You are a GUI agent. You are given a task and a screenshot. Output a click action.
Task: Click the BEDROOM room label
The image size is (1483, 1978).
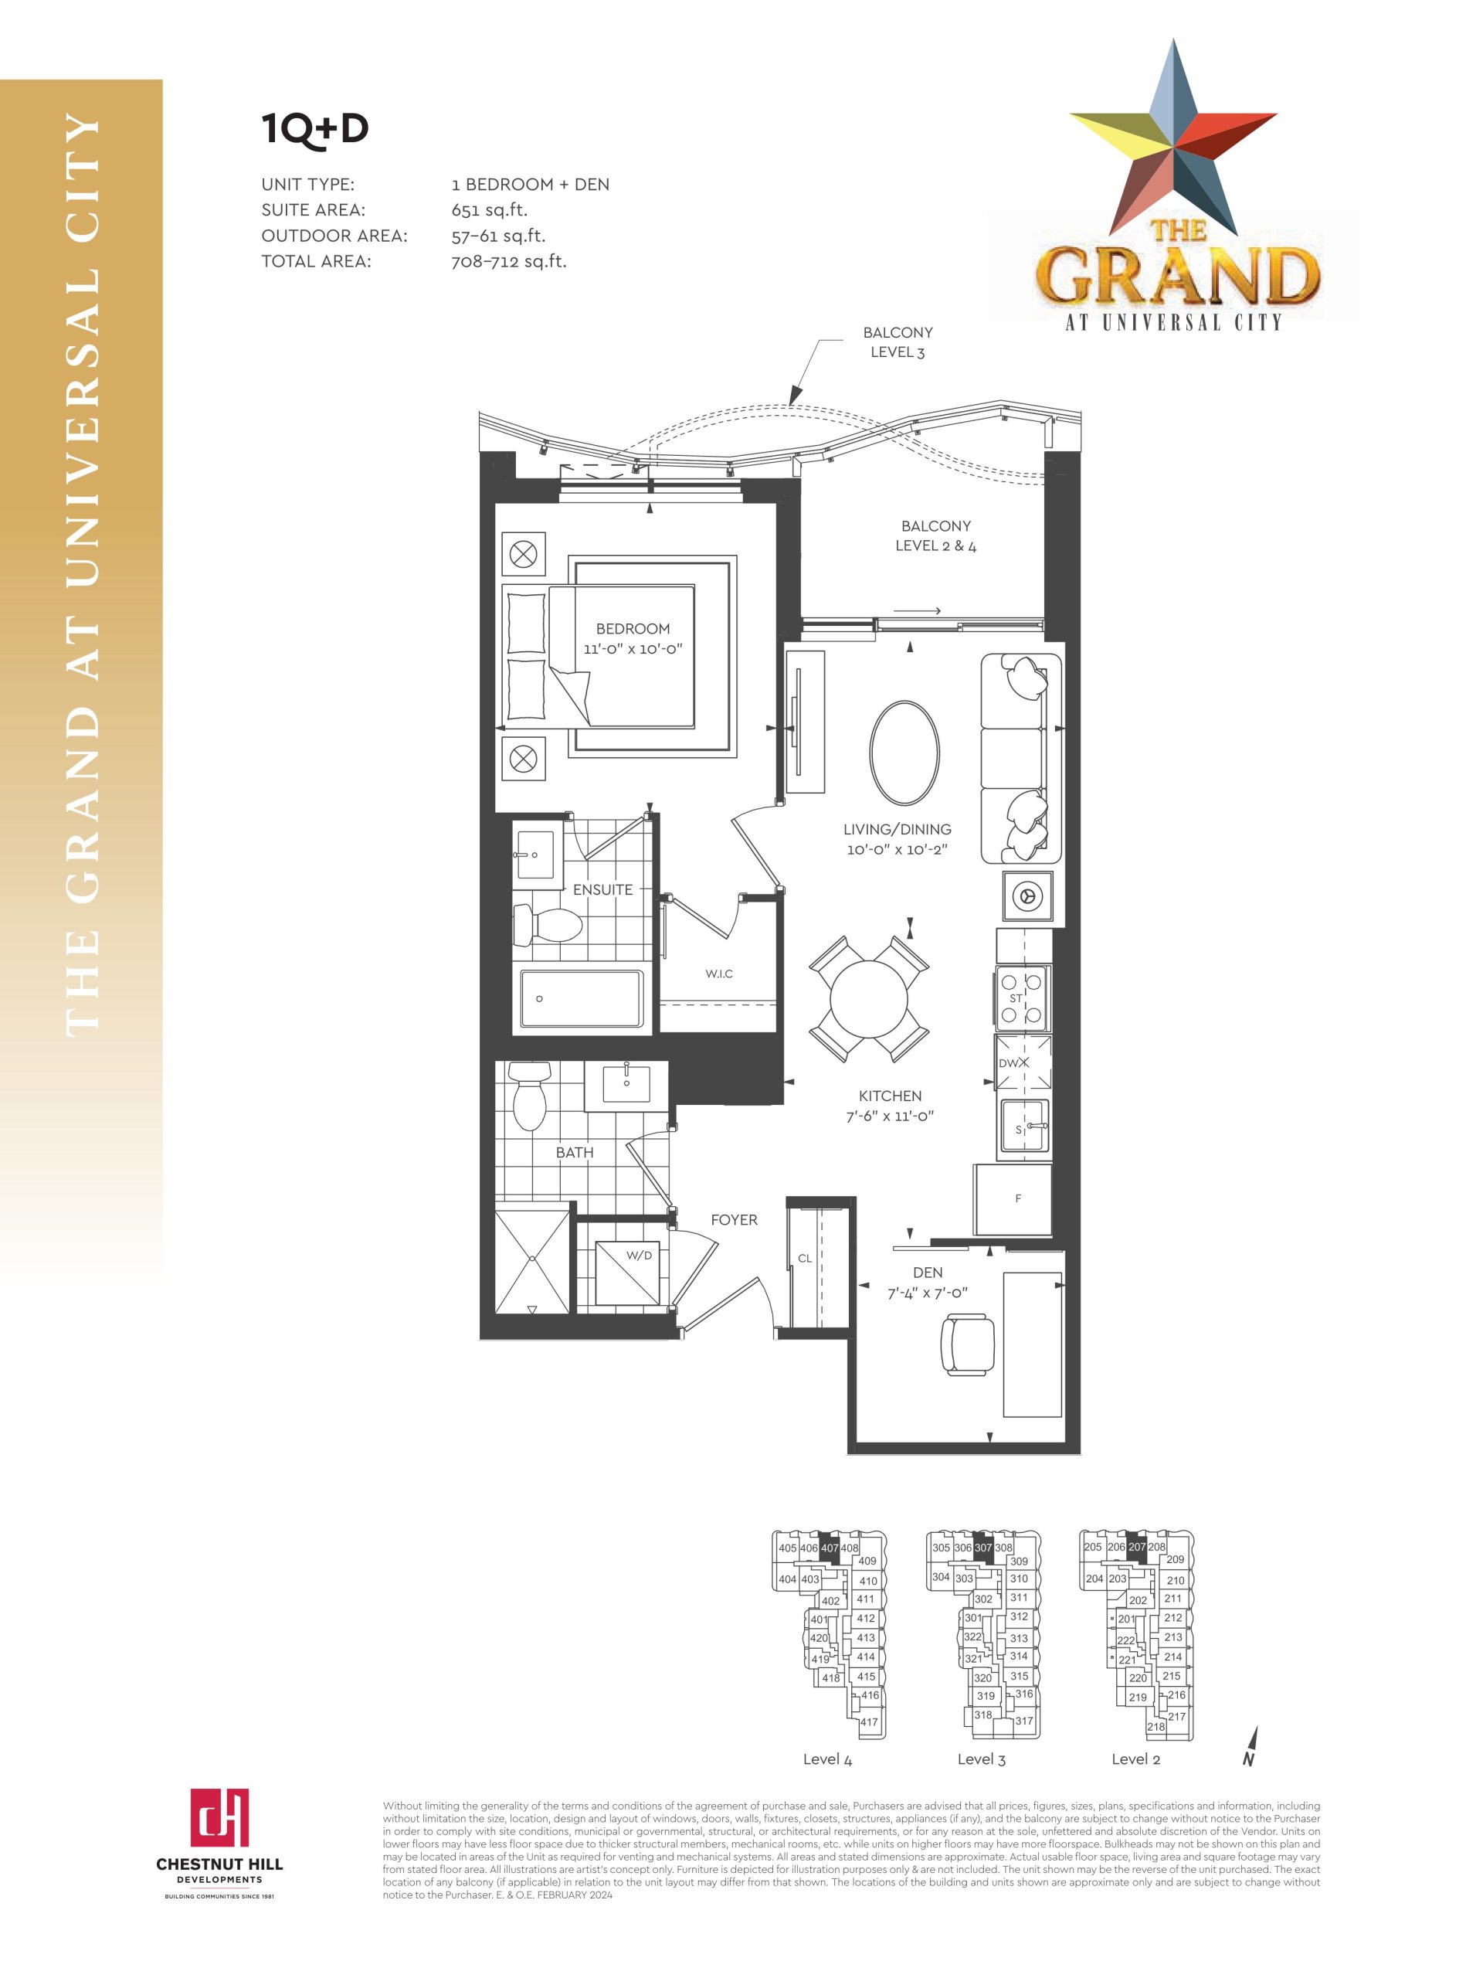(x=632, y=629)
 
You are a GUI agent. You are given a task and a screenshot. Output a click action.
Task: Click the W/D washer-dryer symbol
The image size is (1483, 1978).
(x=627, y=1273)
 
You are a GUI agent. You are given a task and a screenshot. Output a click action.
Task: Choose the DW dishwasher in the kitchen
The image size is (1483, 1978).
(x=1023, y=1063)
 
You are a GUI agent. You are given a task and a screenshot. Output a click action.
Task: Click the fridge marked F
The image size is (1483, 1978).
(x=1013, y=1199)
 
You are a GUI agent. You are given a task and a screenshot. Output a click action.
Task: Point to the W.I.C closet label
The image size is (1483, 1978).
(x=718, y=973)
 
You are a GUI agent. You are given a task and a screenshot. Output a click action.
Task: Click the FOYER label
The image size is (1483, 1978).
(x=734, y=1220)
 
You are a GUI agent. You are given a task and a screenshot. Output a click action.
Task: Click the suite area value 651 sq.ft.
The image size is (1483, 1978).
(x=489, y=210)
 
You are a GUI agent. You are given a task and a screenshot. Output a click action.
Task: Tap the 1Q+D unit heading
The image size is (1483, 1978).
(x=314, y=129)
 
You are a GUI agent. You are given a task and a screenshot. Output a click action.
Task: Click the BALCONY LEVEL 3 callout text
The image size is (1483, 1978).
(x=898, y=342)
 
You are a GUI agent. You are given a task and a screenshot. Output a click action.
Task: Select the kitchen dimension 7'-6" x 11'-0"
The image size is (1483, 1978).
(x=890, y=1116)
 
